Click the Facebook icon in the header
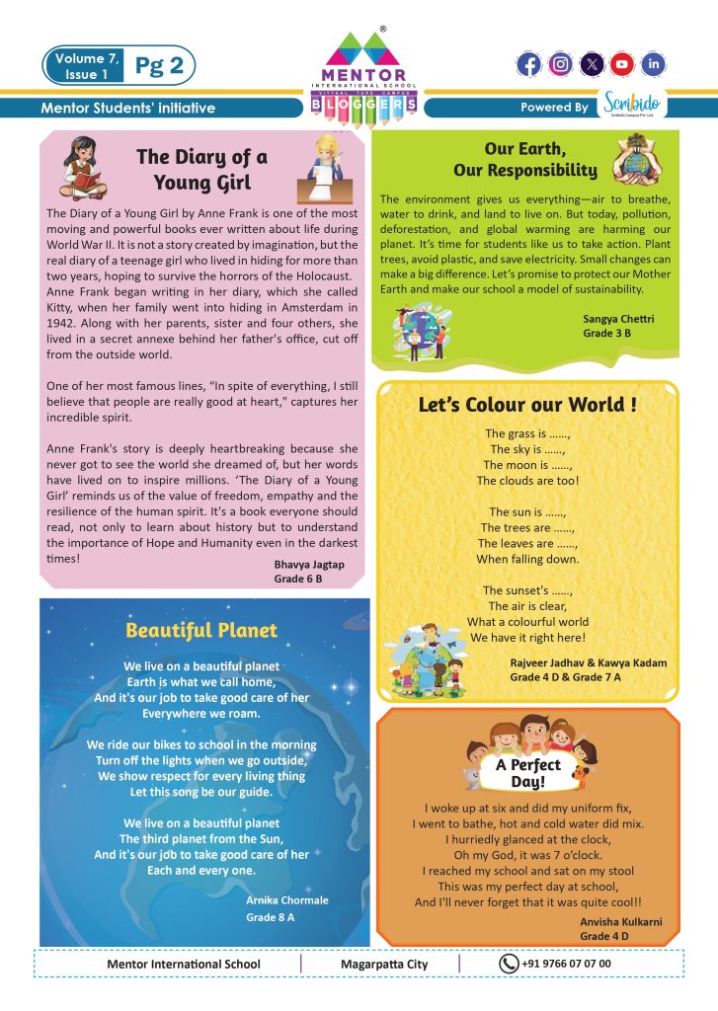pyautogui.click(x=529, y=65)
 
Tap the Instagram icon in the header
pyautogui.click(x=560, y=65)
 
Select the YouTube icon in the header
pyautogui.click(x=621, y=65)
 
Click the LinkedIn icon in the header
pyautogui.click(x=653, y=65)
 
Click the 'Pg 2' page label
pyautogui.click(x=158, y=65)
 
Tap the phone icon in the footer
pyautogui.click(x=509, y=964)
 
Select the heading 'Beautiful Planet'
pyautogui.click(x=201, y=630)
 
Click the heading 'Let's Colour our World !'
pyautogui.click(x=527, y=405)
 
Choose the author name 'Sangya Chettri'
pyautogui.click(x=619, y=320)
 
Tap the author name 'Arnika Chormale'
pyautogui.click(x=287, y=900)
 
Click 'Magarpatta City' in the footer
pyautogui.click(x=384, y=964)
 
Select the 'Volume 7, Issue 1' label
pyautogui.click(x=86, y=65)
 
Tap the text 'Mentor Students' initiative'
pyautogui.click(x=128, y=108)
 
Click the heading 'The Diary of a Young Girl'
pyautogui.click(x=201, y=169)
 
